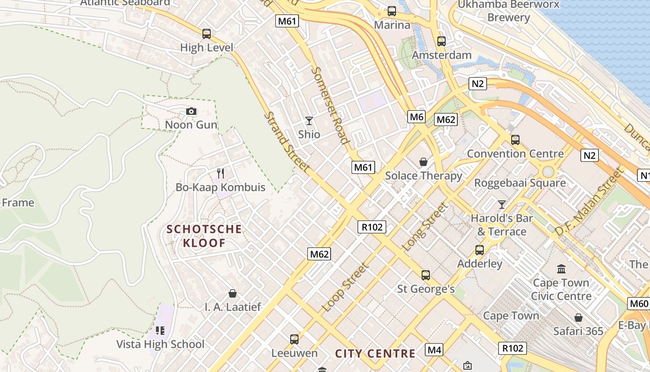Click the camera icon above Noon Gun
[x=191, y=111]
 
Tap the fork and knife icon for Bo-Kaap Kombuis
[x=221, y=173]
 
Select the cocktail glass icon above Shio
[x=309, y=121]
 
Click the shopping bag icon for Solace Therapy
[x=423, y=162]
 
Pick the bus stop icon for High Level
[x=207, y=34]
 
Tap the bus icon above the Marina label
[x=392, y=11]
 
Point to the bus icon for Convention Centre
[x=515, y=140]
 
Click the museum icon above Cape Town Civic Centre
[x=561, y=269]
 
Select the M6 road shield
[x=416, y=117]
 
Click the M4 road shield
[x=434, y=350]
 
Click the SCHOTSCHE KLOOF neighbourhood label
[x=204, y=236]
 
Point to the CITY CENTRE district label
[x=375, y=353]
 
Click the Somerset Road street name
[x=330, y=106]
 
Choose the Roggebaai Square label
[x=520, y=183]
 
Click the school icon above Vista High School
[x=160, y=331]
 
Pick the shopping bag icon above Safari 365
[x=578, y=318]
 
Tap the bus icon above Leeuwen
[x=294, y=339]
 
